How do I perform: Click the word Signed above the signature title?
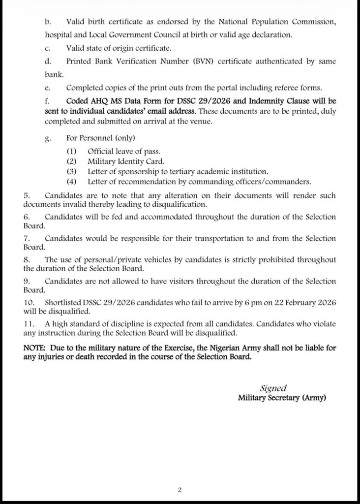click(273, 388)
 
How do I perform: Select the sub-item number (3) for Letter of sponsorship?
click(72, 171)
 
